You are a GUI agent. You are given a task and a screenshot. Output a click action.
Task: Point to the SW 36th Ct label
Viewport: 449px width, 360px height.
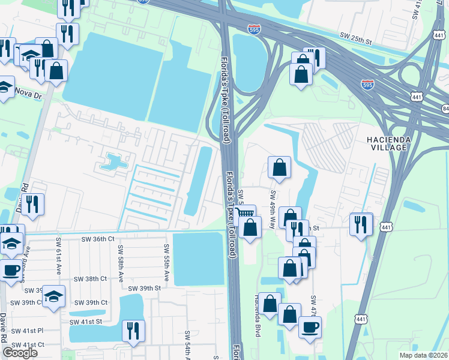[98, 239]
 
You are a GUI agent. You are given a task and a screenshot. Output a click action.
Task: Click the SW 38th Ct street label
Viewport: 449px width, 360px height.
[90, 279]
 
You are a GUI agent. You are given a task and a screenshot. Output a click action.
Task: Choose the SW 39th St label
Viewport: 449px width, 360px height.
[142, 288]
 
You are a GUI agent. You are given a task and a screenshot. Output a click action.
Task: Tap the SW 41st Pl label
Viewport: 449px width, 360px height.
[24, 330]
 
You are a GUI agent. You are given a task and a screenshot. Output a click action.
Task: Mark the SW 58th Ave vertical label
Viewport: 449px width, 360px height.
[120, 264]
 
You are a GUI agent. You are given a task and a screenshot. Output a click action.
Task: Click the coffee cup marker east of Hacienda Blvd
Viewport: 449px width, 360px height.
[310, 327]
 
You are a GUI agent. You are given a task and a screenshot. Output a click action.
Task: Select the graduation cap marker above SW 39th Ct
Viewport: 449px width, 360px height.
[54, 296]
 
